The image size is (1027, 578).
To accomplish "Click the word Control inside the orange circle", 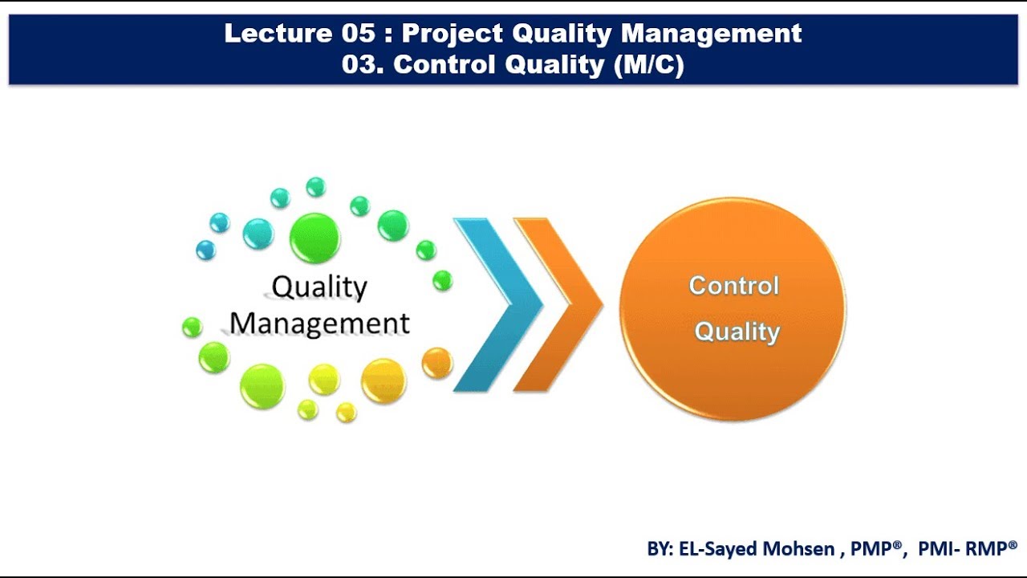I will click(x=733, y=286).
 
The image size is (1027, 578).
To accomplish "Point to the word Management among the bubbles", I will click(x=319, y=323).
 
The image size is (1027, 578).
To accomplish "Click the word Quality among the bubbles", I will click(x=319, y=287).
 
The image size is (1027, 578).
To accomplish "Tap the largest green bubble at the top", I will click(x=315, y=238).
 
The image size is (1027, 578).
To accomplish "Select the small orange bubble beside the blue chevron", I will click(x=437, y=363).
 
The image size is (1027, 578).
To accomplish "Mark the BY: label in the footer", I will click(x=662, y=549).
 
